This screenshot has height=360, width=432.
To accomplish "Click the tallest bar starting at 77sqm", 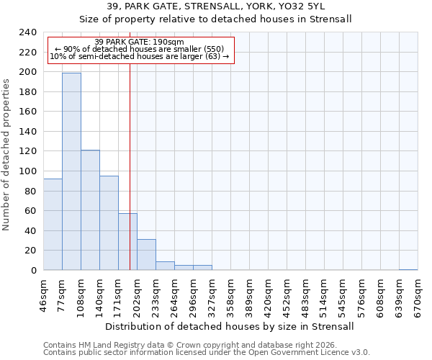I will pyautogui.click(x=71, y=171).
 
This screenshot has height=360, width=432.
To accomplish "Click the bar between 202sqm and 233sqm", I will pyautogui.click(x=146, y=255).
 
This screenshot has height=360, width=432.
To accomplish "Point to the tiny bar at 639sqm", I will pyautogui.click(x=408, y=269).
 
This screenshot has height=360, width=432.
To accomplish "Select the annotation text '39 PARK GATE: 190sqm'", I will pyautogui.click(x=140, y=42).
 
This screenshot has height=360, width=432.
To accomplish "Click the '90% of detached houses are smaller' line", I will pyautogui.click(x=140, y=49).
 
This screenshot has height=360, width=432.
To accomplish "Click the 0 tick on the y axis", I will pyautogui.click(x=34, y=271).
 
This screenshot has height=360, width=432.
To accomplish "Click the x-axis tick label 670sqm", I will pyautogui.click(x=418, y=295).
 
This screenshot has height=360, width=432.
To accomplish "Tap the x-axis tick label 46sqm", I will pyautogui.click(x=44, y=295).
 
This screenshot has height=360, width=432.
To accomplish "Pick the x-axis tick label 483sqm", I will pyautogui.click(x=305, y=295).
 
